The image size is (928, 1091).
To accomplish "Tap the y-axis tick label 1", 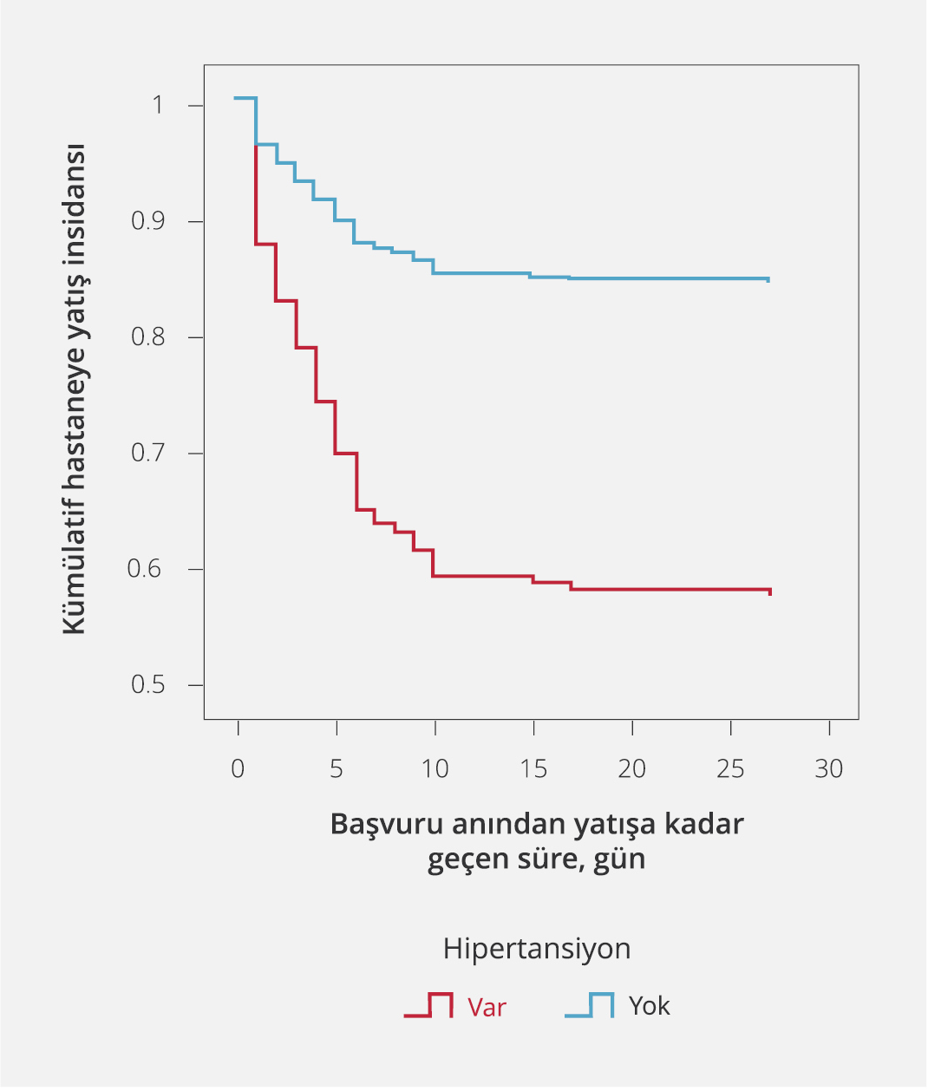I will pyautogui.click(x=158, y=106).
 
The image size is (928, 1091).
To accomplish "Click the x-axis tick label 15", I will pyautogui.click(x=533, y=769).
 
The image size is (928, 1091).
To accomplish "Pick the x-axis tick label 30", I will pyautogui.click(x=829, y=769).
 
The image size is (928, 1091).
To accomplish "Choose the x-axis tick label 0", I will pyautogui.click(x=238, y=769).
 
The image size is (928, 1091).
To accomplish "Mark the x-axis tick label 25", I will pyautogui.click(x=730, y=769).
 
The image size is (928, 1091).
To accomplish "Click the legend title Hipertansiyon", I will pyautogui.click(x=536, y=949).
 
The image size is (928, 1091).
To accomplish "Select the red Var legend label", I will pyautogui.click(x=487, y=1007).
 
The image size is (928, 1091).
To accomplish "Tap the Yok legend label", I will pyautogui.click(x=649, y=1006).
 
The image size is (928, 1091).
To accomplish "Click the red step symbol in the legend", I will pyautogui.click(x=428, y=1006).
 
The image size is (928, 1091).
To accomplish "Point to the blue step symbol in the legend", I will pyautogui.click(x=590, y=1006).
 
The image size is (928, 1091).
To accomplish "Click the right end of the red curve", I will pyautogui.click(x=769, y=591).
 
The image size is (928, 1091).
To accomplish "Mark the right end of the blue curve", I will pyautogui.click(x=768, y=279).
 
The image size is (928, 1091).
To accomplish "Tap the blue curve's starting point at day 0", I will pyautogui.click(x=236, y=98).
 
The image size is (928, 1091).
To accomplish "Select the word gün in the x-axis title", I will pyautogui.click(x=620, y=859).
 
